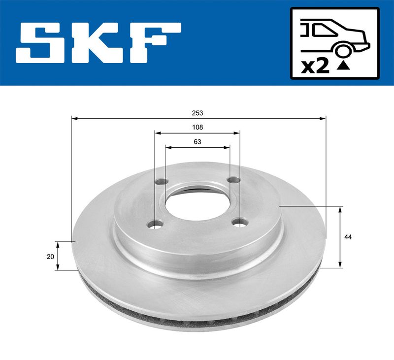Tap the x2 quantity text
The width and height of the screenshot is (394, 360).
[x=315, y=67]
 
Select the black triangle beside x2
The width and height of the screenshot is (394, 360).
[x=343, y=66]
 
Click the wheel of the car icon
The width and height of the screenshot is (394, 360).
[x=342, y=50]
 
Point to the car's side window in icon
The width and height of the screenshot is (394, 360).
[x=323, y=30]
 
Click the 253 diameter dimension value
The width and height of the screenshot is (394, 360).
[x=197, y=113]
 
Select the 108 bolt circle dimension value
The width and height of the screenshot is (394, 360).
[x=197, y=128]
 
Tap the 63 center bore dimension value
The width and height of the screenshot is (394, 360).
[x=197, y=142]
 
